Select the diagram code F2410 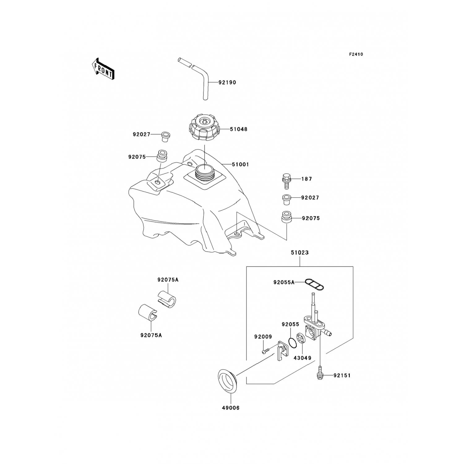coord(356,54)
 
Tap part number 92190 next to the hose coord(227,83)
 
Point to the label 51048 coord(238,129)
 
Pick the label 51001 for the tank coord(240,165)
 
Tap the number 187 coord(307,179)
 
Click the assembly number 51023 coord(299,253)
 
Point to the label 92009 coord(263,337)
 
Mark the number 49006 coord(230,408)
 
